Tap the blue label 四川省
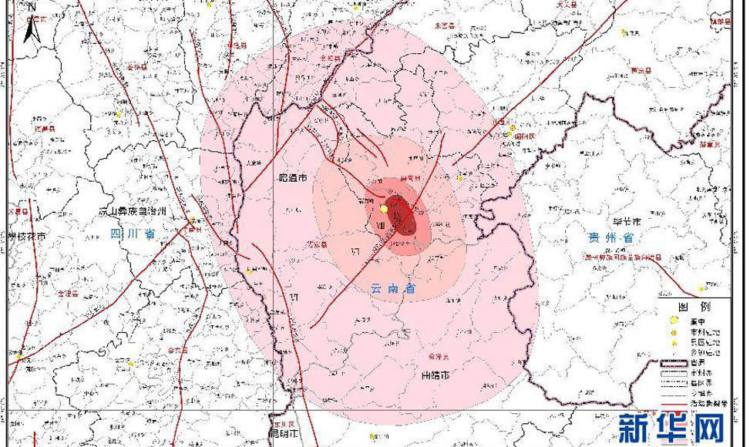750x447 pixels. click(133, 234)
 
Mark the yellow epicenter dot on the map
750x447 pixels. click(383, 209)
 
